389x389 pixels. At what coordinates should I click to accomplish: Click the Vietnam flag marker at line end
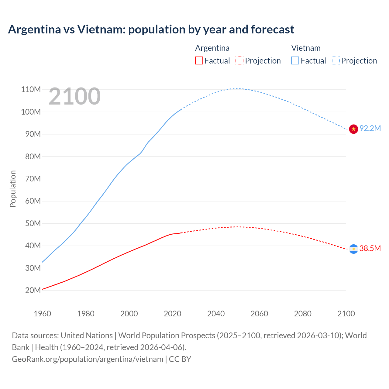[x=353, y=129]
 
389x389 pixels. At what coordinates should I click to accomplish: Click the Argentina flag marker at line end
[x=353, y=249]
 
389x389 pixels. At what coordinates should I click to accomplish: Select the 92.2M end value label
[x=370, y=128]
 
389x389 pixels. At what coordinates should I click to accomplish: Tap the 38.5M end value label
[x=370, y=248]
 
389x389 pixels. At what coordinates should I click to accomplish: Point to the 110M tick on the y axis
[x=31, y=89]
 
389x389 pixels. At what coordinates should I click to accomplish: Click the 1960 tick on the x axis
[x=42, y=314]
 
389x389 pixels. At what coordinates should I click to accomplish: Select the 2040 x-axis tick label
[x=216, y=314]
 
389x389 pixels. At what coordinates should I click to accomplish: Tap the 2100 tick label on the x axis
[x=346, y=314]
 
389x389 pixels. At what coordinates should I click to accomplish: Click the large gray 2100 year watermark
[x=74, y=96]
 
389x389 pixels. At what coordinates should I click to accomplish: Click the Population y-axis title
[x=13, y=189]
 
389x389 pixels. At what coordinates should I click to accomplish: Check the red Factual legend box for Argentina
[x=199, y=60]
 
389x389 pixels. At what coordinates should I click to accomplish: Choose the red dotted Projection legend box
[x=239, y=60]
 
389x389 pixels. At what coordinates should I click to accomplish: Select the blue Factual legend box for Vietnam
[x=295, y=60]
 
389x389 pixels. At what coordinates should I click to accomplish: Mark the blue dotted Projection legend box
[x=336, y=60]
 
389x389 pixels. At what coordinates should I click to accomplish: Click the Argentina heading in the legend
[x=212, y=48]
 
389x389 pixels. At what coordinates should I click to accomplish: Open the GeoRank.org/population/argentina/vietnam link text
[x=88, y=359]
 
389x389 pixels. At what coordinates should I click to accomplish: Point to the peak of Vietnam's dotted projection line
[x=237, y=88]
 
